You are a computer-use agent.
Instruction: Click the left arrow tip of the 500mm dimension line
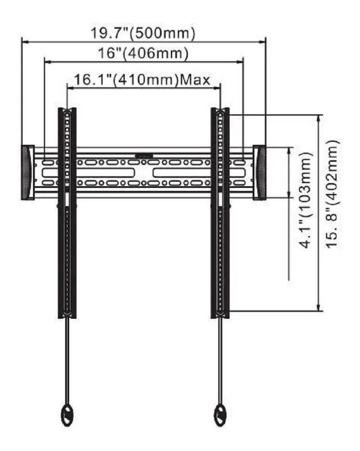(x=22, y=42)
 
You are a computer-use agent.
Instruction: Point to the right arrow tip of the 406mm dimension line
(x=243, y=62)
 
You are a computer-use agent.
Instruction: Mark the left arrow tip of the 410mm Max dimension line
(x=67, y=88)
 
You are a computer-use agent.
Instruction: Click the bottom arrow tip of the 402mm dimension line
(x=319, y=311)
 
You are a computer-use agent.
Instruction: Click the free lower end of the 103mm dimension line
(x=289, y=280)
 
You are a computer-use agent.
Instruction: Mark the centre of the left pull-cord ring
(x=67, y=415)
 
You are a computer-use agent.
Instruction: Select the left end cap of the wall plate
(x=28, y=172)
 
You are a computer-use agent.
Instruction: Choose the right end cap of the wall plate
(x=260, y=172)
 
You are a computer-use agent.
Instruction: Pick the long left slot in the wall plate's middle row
(x=88, y=172)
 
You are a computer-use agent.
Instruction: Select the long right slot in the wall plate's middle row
(x=199, y=172)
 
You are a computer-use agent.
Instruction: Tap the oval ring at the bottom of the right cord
(x=220, y=415)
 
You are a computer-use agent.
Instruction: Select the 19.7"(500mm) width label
(x=143, y=34)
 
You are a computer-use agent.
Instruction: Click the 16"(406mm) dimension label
(x=144, y=54)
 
